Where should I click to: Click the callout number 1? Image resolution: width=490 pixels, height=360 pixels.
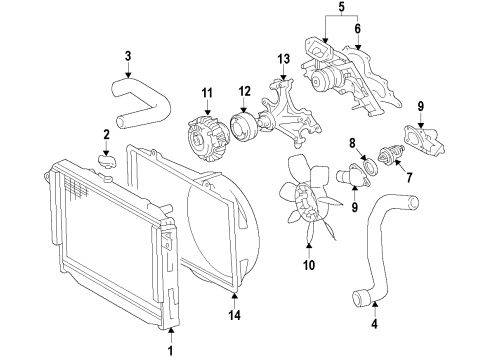click(170, 351)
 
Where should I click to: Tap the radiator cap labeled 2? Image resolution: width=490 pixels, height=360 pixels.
click(108, 162)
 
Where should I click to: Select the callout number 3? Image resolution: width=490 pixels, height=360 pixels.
click(128, 56)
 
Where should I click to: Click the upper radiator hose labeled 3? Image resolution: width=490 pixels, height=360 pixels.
click(140, 103)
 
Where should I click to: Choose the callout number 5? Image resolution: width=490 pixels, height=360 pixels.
click(341, 7)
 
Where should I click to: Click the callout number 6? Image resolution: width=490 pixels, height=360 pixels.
click(357, 29)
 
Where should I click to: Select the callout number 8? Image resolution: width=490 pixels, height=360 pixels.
click(352, 144)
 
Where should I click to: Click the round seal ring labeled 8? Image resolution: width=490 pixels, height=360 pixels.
click(370, 166)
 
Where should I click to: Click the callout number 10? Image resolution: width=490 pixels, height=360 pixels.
click(309, 265)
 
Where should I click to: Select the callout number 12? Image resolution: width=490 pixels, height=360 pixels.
click(244, 91)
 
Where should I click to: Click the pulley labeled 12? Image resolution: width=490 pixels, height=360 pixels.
click(243, 128)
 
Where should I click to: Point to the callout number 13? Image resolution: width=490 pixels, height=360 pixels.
click(284, 59)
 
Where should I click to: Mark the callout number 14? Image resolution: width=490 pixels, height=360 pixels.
click(234, 315)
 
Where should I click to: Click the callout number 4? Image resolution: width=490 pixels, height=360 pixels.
click(374, 324)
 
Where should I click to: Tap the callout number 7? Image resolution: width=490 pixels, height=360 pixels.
click(409, 177)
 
